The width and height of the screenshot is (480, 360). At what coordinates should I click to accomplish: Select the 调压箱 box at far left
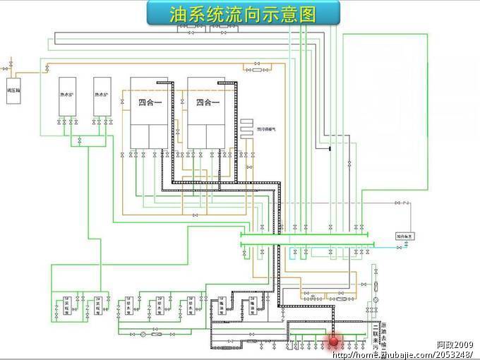point(13,91)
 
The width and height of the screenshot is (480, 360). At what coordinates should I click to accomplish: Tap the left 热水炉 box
point(67,96)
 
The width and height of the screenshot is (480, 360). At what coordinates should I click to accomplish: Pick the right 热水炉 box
point(102,96)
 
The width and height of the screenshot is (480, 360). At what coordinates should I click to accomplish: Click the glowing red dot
point(334,341)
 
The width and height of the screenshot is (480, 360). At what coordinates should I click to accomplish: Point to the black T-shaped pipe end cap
point(329,148)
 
